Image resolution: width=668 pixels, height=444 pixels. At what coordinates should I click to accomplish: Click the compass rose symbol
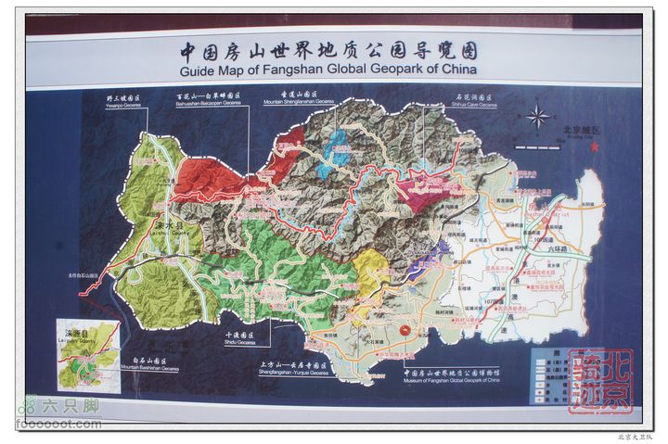[x=537, y=117]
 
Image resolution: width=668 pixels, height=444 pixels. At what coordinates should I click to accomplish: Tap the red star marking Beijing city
[x=595, y=146]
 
